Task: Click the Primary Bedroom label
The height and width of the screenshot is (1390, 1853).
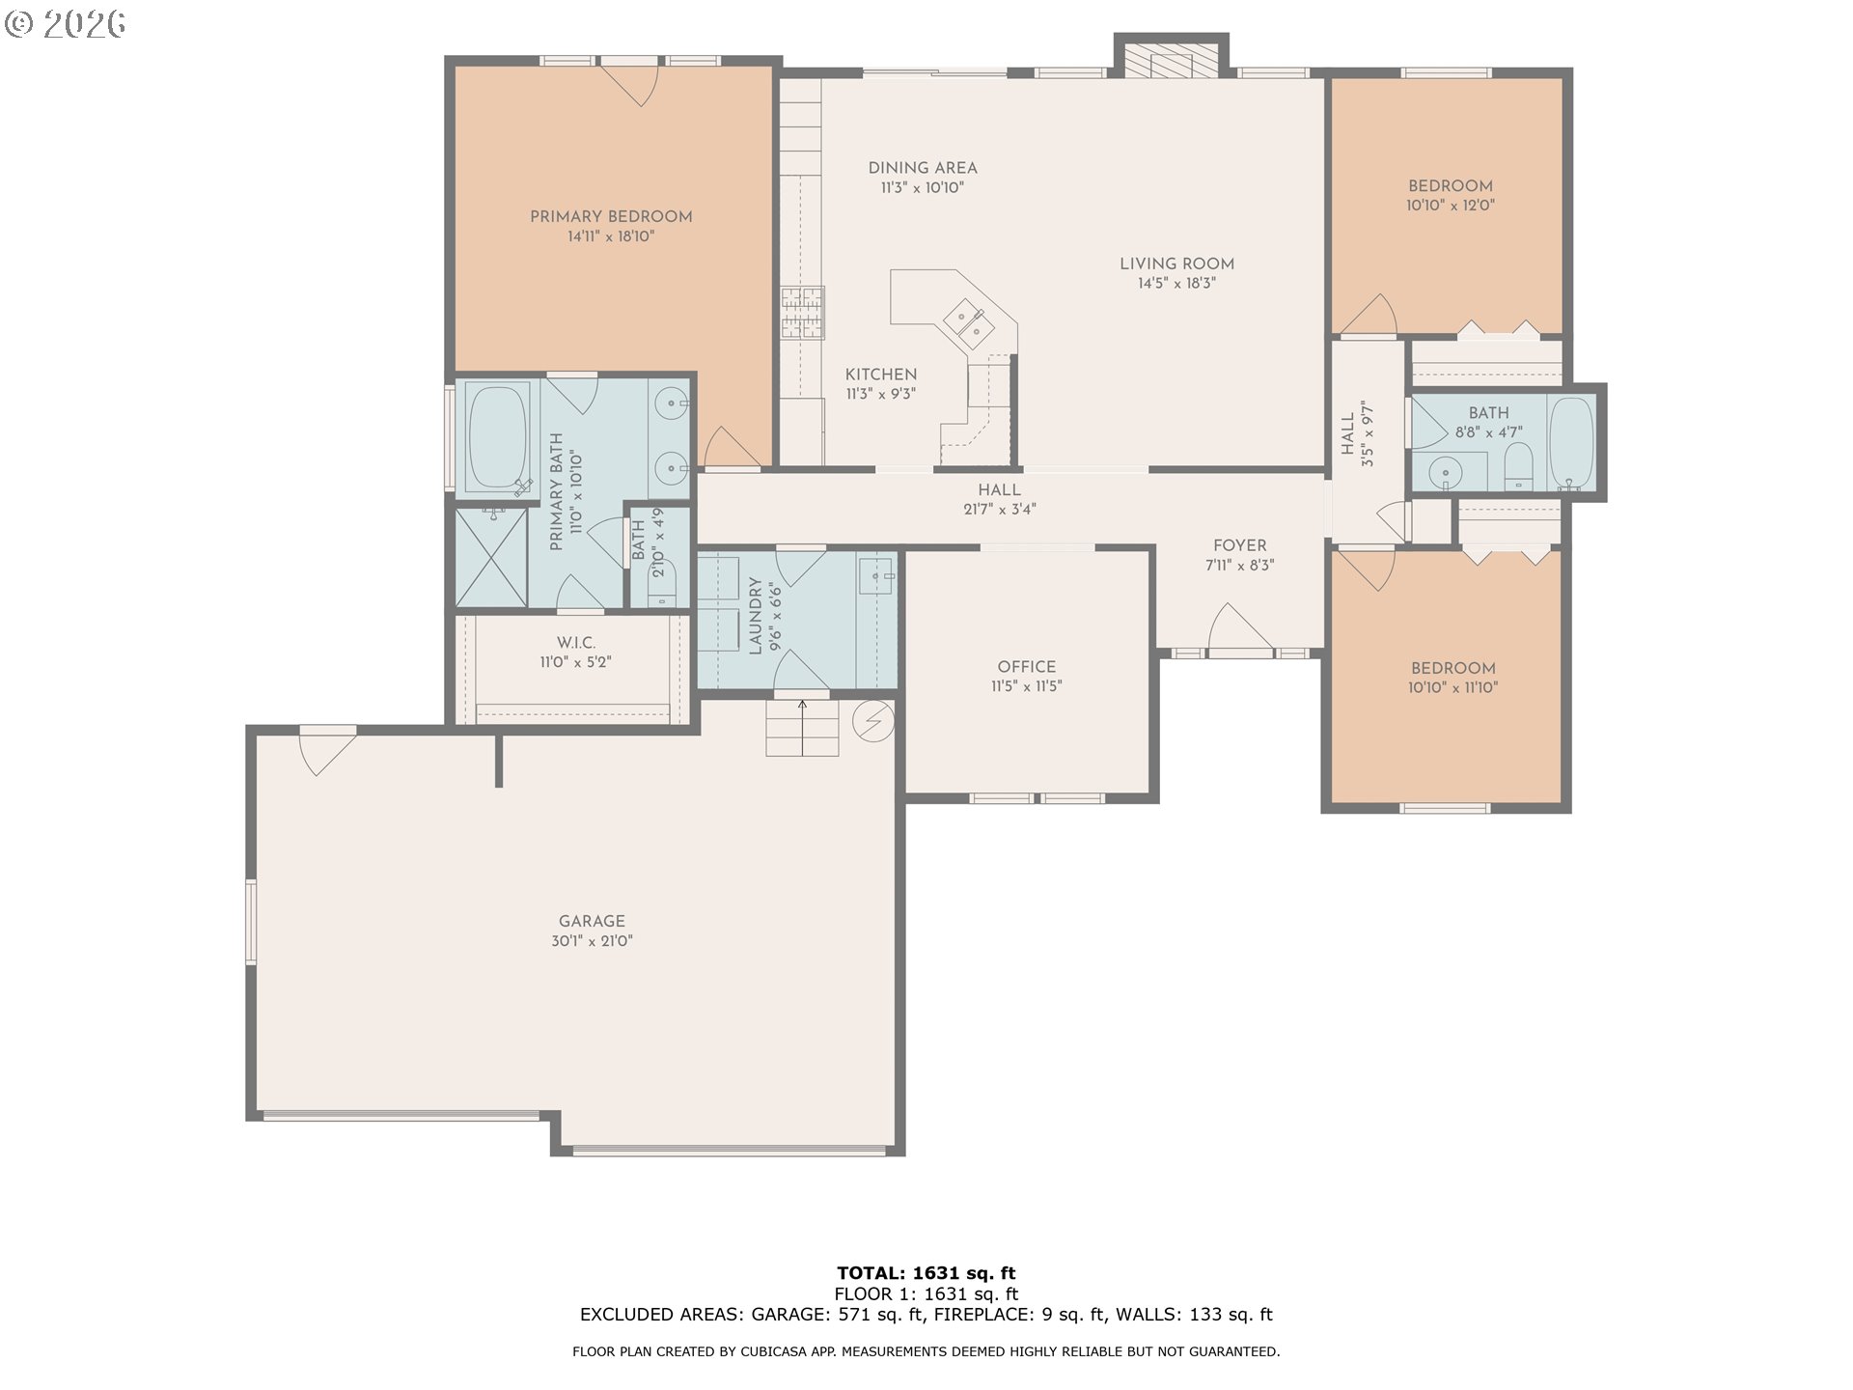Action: click(x=611, y=217)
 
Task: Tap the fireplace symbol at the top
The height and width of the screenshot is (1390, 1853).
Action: click(x=1171, y=61)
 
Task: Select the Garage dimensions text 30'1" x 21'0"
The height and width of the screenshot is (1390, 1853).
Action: click(x=592, y=941)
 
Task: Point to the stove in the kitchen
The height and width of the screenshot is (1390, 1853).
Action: click(x=803, y=313)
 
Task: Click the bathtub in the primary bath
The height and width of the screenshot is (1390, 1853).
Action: click(x=497, y=436)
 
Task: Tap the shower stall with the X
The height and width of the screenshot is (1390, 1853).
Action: click(x=491, y=558)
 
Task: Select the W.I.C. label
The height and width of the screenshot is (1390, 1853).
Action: click(x=575, y=643)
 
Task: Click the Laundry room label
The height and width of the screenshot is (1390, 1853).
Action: click(x=755, y=616)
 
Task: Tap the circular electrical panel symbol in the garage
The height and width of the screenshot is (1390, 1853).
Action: click(x=874, y=720)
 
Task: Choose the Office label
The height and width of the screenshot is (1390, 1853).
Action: click(x=1026, y=667)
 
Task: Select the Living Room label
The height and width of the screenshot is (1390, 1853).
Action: click(x=1176, y=264)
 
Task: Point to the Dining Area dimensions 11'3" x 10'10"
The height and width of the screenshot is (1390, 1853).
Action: click(x=922, y=188)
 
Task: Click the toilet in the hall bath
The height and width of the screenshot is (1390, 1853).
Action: click(x=1518, y=469)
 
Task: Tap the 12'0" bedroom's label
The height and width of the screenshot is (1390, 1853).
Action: click(x=1450, y=186)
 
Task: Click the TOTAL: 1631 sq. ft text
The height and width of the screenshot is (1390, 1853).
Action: click(x=926, y=1273)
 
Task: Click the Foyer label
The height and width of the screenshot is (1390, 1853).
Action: click(x=1239, y=546)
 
